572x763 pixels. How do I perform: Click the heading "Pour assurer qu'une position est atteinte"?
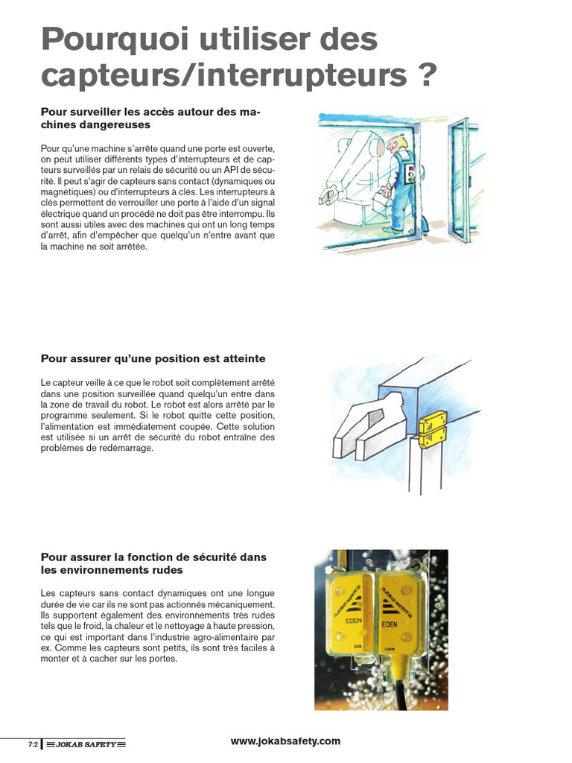click(x=153, y=359)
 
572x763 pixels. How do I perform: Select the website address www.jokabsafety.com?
click(x=285, y=741)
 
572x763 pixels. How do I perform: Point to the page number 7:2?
click(x=33, y=744)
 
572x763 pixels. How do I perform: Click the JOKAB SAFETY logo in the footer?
click(x=85, y=744)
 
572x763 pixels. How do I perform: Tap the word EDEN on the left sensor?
click(x=354, y=621)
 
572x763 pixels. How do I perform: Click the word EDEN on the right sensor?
click(x=389, y=624)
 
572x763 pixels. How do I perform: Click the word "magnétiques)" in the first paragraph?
click(x=65, y=192)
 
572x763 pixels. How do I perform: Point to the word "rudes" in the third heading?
click(x=168, y=570)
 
